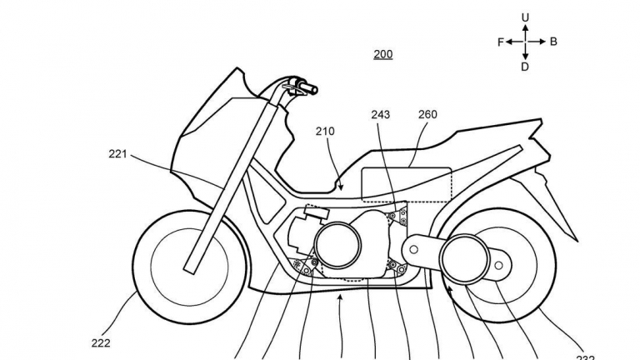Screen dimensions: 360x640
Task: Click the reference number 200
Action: tap(383, 55)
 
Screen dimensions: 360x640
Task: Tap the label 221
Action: tap(118, 153)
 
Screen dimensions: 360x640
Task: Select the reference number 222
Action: tap(101, 342)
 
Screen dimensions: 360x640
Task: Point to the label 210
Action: tap(326, 131)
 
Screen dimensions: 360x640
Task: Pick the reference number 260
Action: tap(427, 115)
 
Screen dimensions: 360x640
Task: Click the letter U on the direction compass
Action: tap(525, 17)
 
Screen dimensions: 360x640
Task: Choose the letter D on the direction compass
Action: tap(525, 67)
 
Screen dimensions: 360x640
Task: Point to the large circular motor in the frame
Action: tap(337, 246)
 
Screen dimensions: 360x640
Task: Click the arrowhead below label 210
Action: tap(341, 187)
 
